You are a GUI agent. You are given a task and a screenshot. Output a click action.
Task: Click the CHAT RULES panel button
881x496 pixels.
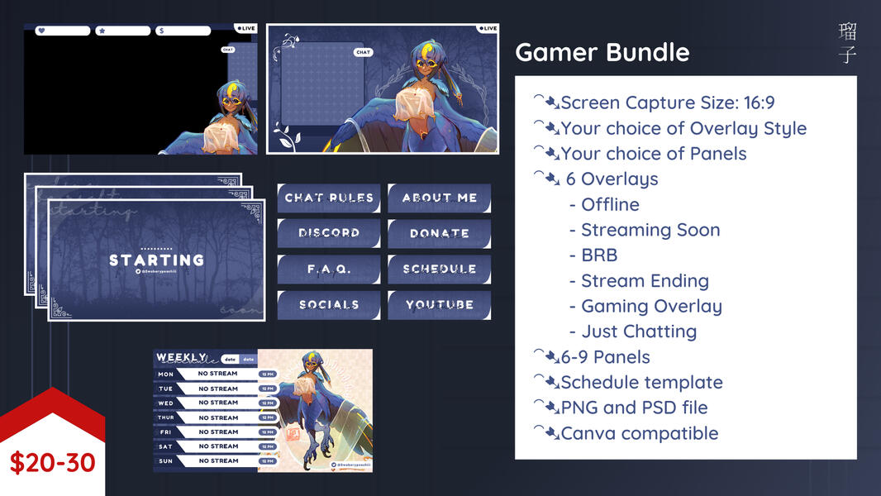tap(329, 198)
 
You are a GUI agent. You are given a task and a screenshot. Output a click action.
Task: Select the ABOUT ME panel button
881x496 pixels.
tap(439, 198)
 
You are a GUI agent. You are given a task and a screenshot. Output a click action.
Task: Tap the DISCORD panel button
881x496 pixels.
tap(329, 234)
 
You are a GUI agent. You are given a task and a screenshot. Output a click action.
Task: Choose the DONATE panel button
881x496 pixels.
tap(439, 234)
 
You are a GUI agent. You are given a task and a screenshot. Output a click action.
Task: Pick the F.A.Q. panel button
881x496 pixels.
tap(329, 269)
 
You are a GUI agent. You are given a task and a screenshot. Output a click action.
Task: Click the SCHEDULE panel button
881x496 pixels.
tap(439, 269)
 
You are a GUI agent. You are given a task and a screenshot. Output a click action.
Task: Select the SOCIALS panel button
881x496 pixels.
tap(329, 305)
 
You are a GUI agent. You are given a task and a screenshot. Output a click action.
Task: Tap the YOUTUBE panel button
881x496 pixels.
tap(439, 305)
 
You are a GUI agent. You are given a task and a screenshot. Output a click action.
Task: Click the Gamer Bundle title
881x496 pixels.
tap(602, 53)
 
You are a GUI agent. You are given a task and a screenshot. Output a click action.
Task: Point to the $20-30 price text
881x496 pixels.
tap(53, 462)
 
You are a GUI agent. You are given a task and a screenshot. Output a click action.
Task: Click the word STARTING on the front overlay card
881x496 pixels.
tap(156, 260)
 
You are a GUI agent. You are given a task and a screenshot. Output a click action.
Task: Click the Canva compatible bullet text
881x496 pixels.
tap(639, 433)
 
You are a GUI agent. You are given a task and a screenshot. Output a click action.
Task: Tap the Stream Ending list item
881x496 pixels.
tap(645, 281)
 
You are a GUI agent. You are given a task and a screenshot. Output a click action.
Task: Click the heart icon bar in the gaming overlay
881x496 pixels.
tap(62, 31)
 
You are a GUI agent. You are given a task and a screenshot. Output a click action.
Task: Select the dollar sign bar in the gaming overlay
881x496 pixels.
tap(183, 31)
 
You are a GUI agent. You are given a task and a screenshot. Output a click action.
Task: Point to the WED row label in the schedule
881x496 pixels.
tap(166, 403)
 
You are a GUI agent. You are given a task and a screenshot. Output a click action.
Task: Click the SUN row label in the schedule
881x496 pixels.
tap(166, 461)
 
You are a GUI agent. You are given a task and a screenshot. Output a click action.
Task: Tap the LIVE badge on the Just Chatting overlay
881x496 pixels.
tap(488, 28)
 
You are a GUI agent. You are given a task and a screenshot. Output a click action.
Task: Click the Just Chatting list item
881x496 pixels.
tap(639, 331)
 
